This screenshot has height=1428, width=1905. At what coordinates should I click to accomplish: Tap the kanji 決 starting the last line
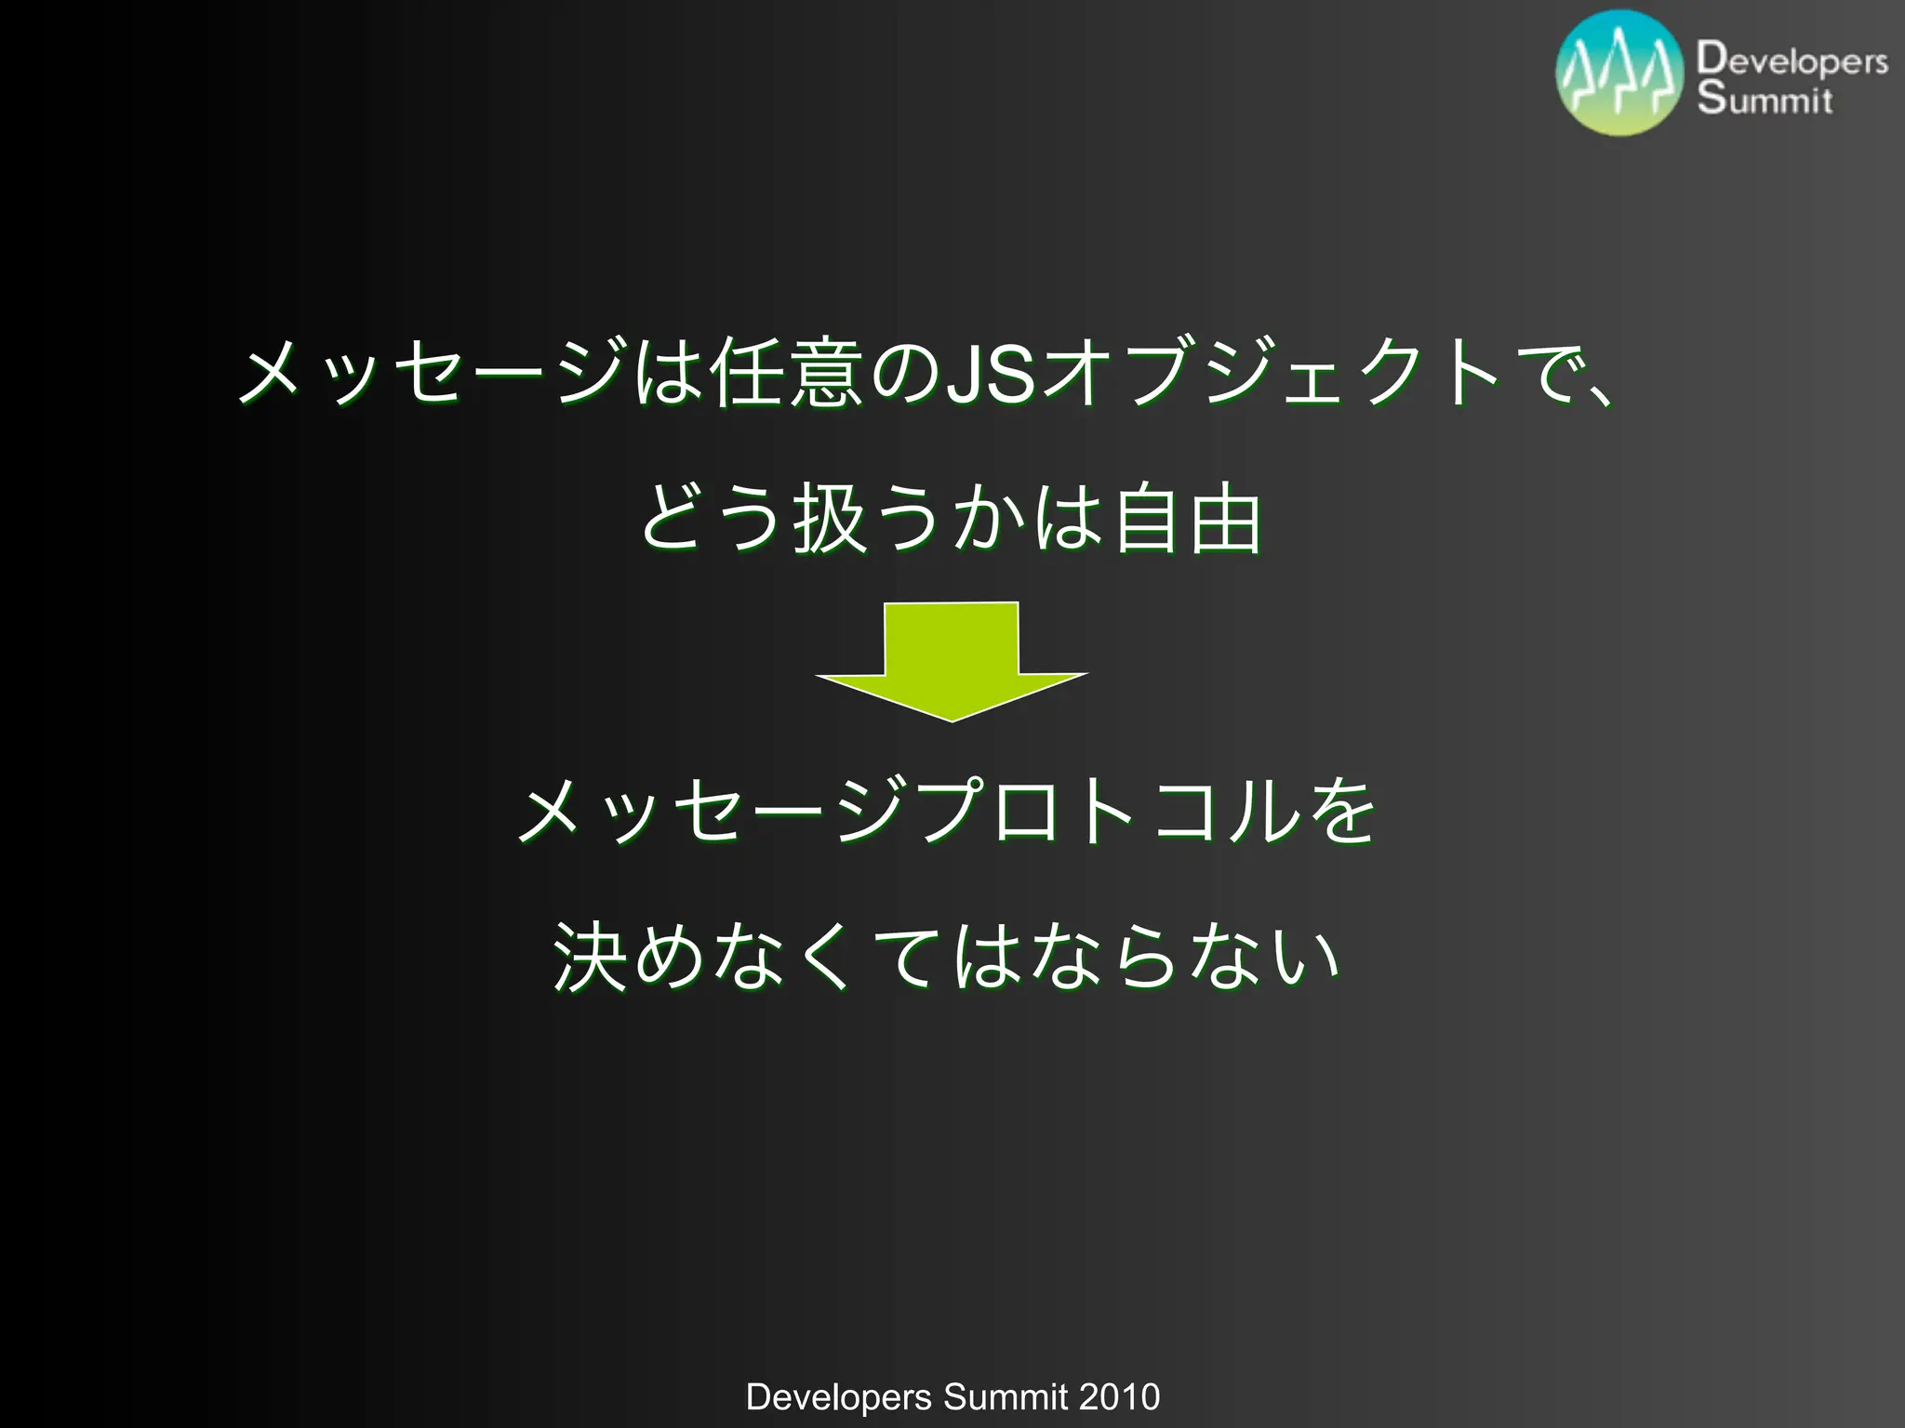pos(590,957)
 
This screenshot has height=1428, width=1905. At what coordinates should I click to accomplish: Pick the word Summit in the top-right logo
pos(1765,98)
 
